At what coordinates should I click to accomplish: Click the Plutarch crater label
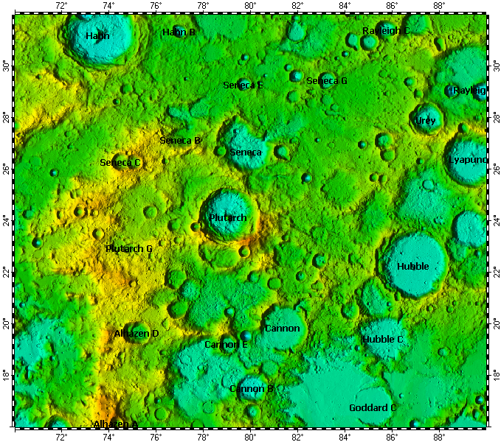[x=227, y=218]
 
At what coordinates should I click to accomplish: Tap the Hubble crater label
[x=412, y=267]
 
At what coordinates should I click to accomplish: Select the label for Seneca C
[x=120, y=163]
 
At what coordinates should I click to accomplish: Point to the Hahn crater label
[x=97, y=36]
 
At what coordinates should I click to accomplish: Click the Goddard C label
[x=373, y=408]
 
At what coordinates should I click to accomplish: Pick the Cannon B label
[x=252, y=389]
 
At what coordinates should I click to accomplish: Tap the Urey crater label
[x=426, y=121]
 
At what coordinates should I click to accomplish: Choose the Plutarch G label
[x=129, y=249]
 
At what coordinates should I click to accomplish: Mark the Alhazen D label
[x=137, y=334]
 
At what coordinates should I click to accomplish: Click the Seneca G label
[x=327, y=81]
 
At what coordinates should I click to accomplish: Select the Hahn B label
[x=179, y=32]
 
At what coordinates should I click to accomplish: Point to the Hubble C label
[x=383, y=340]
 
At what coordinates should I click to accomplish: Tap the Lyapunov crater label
[x=468, y=160]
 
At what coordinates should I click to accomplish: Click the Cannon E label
[x=226, y=345]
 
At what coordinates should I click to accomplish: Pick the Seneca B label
[x=181, y=140]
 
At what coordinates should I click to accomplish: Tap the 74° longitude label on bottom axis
[x=108, y=435]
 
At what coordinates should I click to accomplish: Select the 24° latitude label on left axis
[x=7, y=221]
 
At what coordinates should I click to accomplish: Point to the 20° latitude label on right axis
[x=495, y=324]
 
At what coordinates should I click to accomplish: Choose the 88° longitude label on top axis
[x=439, y=6]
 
